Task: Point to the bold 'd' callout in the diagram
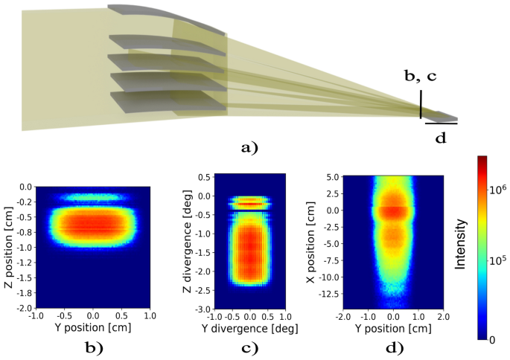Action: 440,138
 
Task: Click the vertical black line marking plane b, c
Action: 421,105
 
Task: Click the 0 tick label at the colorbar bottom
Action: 491,338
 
